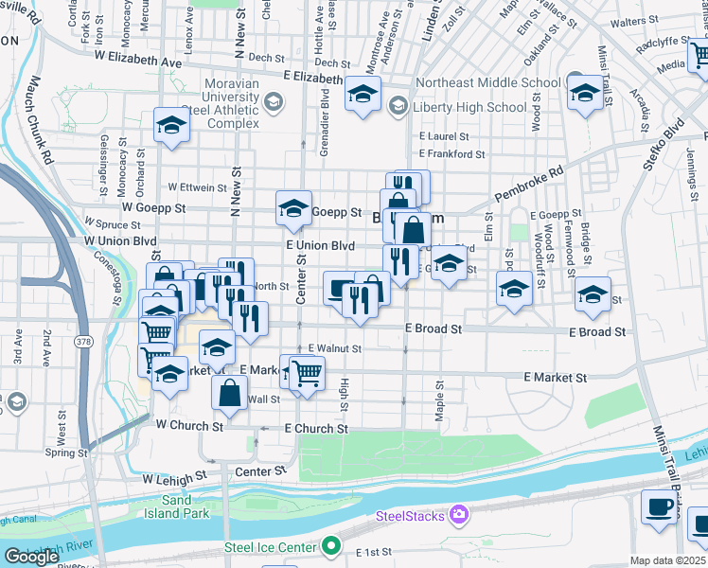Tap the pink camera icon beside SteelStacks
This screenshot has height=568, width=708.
(459, 515)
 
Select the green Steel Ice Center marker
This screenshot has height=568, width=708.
(330, 546)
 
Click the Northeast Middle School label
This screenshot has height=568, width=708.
(487, 82)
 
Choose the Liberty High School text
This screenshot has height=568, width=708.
(469, 106)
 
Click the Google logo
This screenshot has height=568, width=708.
(31, 556)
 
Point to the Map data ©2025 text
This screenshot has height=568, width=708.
(668, 560)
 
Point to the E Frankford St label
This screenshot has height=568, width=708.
(451, 153)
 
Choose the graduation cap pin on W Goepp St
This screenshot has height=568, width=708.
(293, 208)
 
